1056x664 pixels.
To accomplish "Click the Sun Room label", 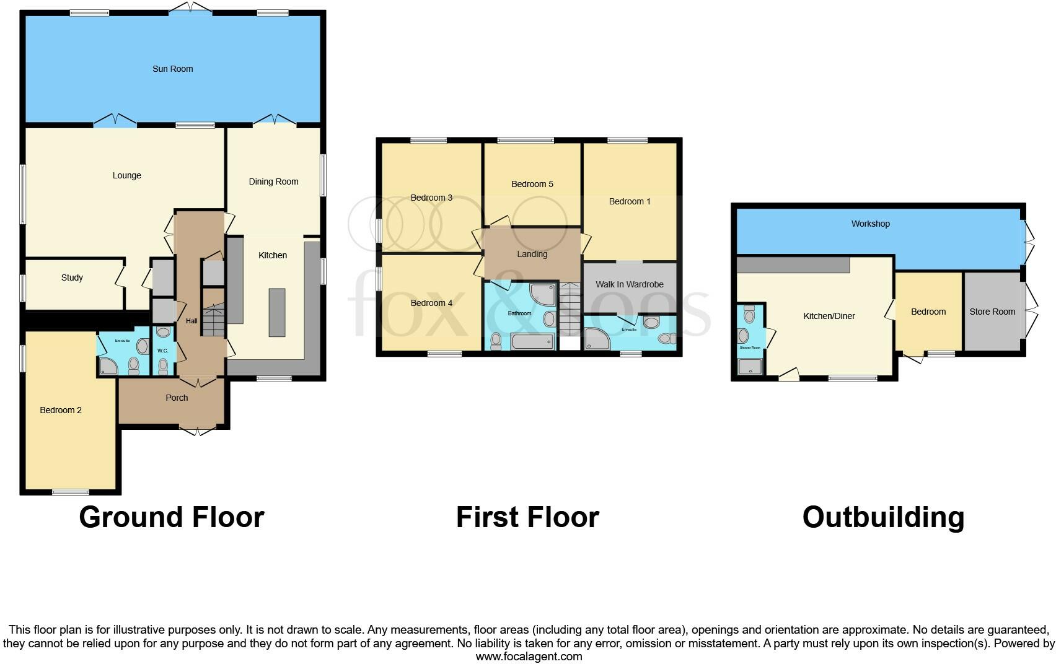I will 172,69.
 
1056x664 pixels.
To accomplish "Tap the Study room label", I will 72,277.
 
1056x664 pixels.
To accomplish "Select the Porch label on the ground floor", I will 177,398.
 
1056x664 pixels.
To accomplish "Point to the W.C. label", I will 162,351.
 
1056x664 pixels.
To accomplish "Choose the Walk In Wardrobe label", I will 629,284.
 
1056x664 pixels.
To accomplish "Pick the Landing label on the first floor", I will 532,254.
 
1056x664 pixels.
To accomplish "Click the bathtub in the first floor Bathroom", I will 532,341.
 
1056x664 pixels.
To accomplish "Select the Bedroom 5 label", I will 532,184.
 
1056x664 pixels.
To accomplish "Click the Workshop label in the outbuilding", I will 870,224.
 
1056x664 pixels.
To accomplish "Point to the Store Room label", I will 992,312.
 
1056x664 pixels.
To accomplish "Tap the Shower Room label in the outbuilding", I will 750,347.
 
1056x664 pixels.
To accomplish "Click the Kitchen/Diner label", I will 829,316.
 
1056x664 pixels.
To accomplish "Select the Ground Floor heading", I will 172,517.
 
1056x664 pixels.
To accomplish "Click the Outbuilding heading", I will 883,517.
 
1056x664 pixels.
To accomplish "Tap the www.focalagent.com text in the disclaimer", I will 529,657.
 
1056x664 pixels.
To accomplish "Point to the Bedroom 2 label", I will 61,410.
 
